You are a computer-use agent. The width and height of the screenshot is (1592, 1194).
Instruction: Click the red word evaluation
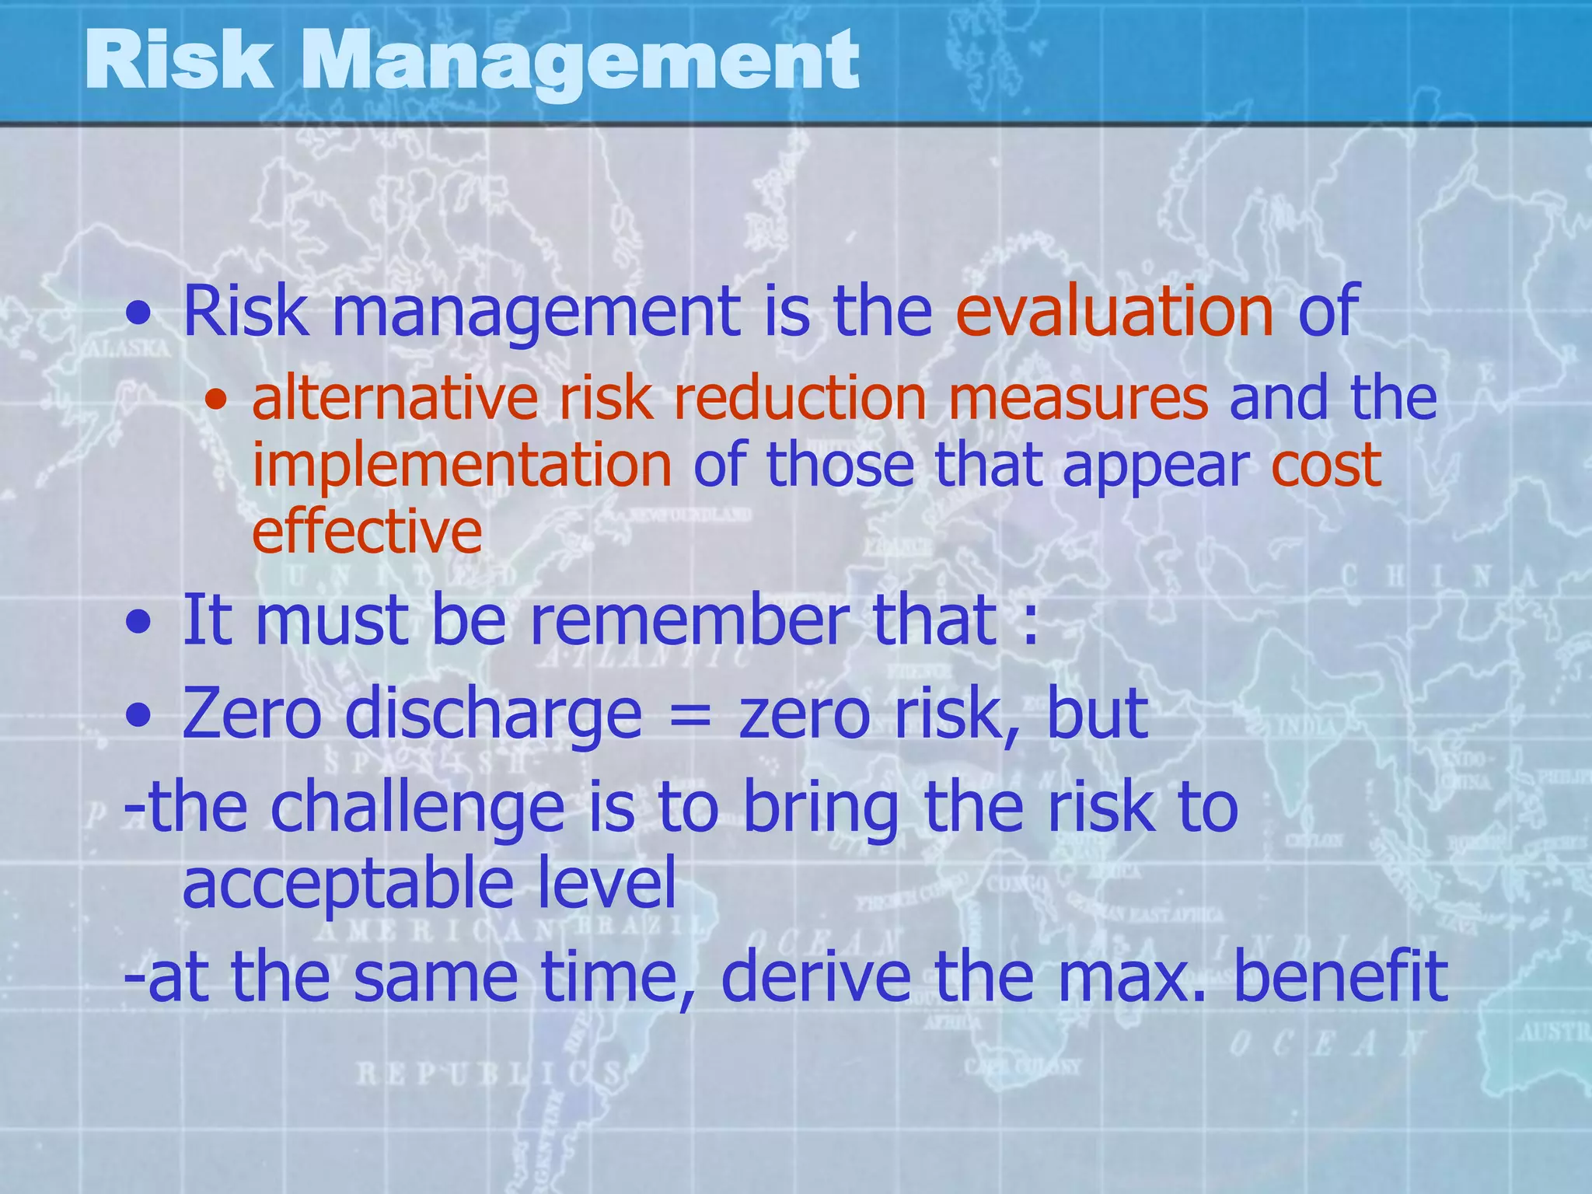1114,312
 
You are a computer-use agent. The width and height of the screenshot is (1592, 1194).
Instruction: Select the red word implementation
462,466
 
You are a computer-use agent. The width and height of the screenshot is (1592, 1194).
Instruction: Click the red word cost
1326,466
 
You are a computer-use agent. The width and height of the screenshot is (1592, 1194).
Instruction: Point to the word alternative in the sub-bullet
395,399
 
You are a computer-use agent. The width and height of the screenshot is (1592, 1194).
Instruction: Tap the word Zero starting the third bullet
251,714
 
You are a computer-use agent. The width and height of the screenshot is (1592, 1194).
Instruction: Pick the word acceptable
347,885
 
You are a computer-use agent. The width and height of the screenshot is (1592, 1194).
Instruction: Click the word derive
815,977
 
